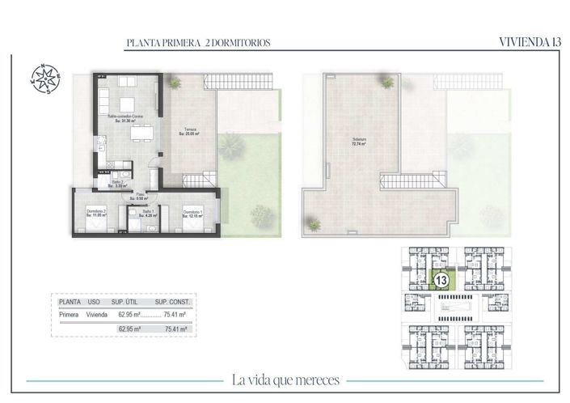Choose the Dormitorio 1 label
(192, 213)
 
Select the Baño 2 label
(116, 184)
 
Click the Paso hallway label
(139, 196)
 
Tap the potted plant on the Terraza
(176, 82)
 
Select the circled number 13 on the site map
(441, 281)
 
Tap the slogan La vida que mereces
(285, 380)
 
